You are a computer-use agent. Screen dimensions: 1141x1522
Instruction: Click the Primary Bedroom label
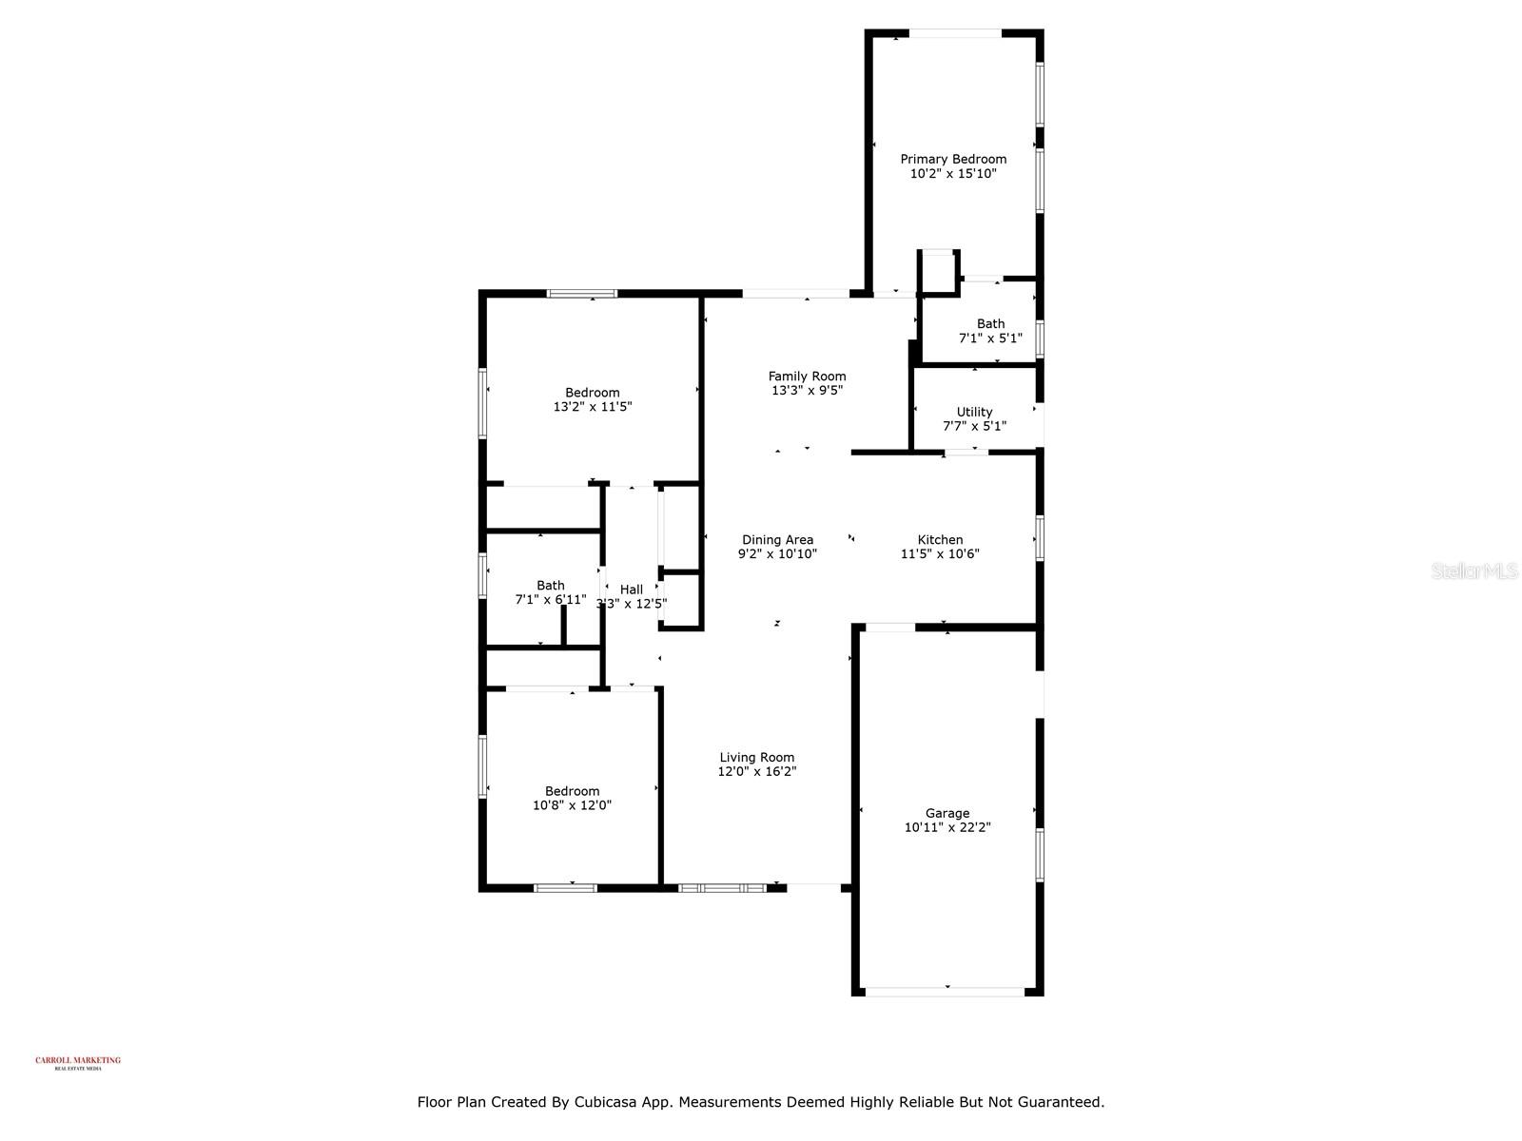(x=953, y=159)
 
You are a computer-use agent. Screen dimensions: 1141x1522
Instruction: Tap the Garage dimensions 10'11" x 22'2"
(x=947, y=827)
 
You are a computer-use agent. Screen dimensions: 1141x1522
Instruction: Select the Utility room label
(x=974, y=412)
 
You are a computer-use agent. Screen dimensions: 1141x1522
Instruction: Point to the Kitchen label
(x=940, y=539)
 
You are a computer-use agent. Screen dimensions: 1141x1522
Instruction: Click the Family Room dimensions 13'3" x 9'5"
(x=807, y=390)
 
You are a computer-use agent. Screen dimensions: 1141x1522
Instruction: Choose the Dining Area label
(x=777, y=539)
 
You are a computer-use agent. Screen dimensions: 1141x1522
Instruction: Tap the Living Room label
(x=756, y=757)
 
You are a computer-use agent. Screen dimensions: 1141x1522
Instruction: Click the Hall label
(x=632, y=590)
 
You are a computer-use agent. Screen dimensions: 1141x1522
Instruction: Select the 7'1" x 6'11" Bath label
(x=550, y=585)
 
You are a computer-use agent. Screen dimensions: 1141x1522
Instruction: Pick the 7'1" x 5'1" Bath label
(x=990, y=323)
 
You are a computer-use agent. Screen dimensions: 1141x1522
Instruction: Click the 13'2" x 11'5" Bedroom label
(x=592, y=392)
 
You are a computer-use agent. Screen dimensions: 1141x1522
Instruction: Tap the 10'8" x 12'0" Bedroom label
(x=572, y=790)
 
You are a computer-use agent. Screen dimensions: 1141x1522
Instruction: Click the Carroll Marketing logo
(x=78, y=1062)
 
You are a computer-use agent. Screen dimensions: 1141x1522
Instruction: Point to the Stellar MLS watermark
(x=1475, y=571)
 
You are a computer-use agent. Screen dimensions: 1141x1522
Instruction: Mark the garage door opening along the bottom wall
(x=945, y=992)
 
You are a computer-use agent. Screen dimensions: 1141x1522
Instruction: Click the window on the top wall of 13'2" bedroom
(x=581, y=294)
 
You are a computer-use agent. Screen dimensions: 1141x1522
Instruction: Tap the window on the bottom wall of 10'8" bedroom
(x=565, y=887)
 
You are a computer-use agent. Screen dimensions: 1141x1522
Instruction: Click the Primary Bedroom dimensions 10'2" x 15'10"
(x=953, y=174)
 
